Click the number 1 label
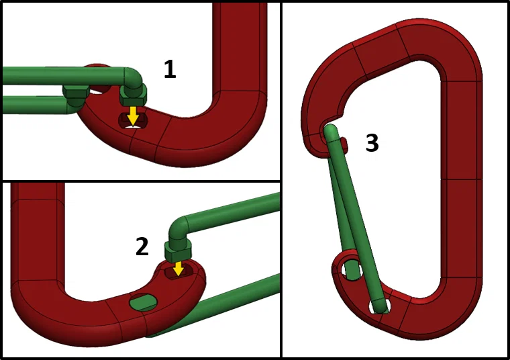pos(170,69)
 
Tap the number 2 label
pos(142,246)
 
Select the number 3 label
pos(372,142)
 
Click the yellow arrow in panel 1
pos(133,114)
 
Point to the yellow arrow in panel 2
pos(178,269)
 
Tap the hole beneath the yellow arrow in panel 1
pos(132,122)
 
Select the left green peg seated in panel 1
pos(75,95)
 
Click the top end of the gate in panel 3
pos(331,132)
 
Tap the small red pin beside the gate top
pos(343,144)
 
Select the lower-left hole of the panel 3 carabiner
pos(351,271)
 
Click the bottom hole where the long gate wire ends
pos(380,306)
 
